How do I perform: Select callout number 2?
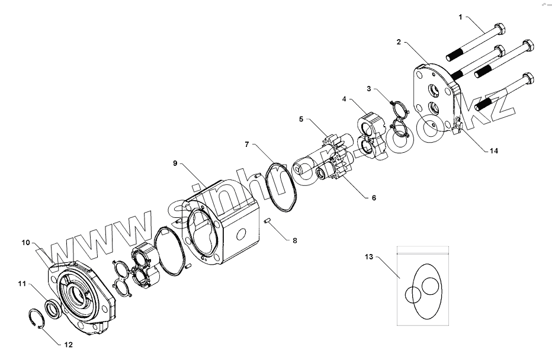click(399, 42)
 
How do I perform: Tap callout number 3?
click(369, 89)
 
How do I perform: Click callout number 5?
click(301, 119)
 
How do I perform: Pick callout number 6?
click(374, 198)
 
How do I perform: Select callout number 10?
click(25, 242)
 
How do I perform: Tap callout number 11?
click(22, 285)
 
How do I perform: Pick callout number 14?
click(493, 150)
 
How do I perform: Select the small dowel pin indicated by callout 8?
click(268, 221)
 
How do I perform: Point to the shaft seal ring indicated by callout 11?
click(52, 308)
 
